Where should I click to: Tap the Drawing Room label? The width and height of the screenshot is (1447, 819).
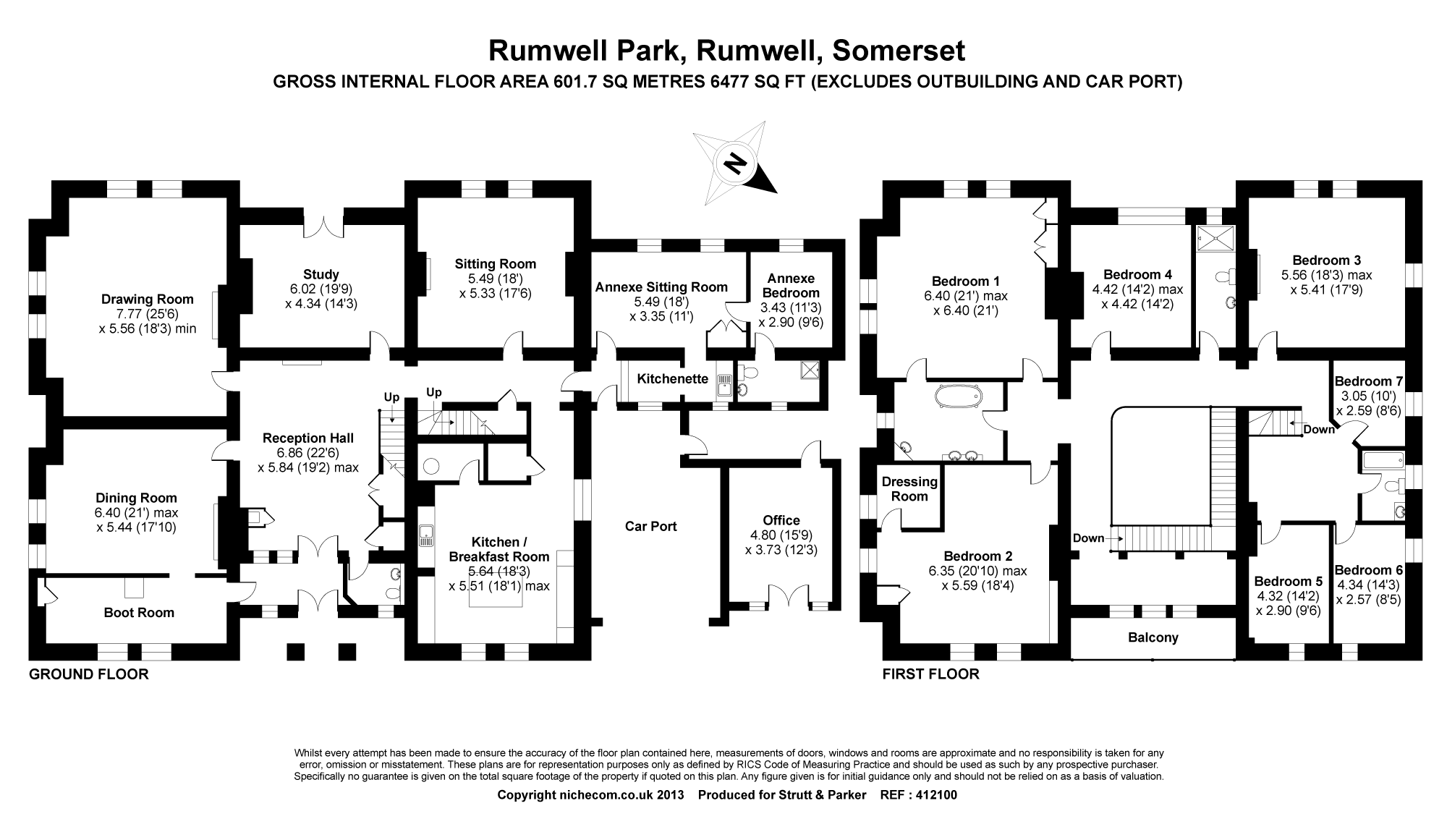pos(148,299)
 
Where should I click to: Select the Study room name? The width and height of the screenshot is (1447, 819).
pos(321,274)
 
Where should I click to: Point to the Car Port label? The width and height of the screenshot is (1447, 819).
pos(651,526)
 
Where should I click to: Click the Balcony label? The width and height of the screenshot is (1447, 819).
pos(1153,637)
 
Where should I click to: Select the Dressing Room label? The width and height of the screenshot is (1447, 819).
pos(909,488)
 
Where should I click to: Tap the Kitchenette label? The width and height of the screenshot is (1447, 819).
pos(673,378)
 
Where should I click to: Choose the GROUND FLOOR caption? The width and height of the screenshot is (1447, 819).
pos(88,674)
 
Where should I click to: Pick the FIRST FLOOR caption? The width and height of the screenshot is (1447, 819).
pos(930,674)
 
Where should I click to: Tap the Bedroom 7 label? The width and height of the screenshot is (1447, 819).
pos(1369,381)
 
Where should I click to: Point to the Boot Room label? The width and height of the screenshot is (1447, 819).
pos(139,613)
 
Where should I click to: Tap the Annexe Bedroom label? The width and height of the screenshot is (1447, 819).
pos(791,286)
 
